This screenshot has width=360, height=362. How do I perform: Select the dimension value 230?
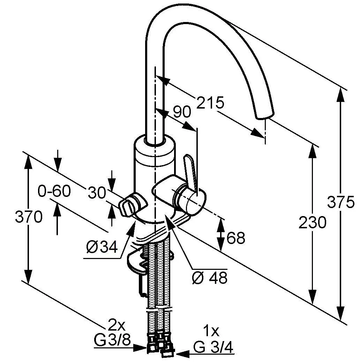313,223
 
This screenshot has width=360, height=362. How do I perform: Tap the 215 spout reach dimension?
210,103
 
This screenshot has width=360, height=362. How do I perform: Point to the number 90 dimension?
182,112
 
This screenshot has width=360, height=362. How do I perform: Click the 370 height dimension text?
29,217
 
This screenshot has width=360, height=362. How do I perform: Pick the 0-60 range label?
54,191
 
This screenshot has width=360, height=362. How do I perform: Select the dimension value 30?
97,193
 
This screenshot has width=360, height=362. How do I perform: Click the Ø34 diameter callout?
102,247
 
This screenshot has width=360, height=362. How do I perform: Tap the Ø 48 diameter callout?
210,278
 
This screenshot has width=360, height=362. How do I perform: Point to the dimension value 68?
235,238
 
